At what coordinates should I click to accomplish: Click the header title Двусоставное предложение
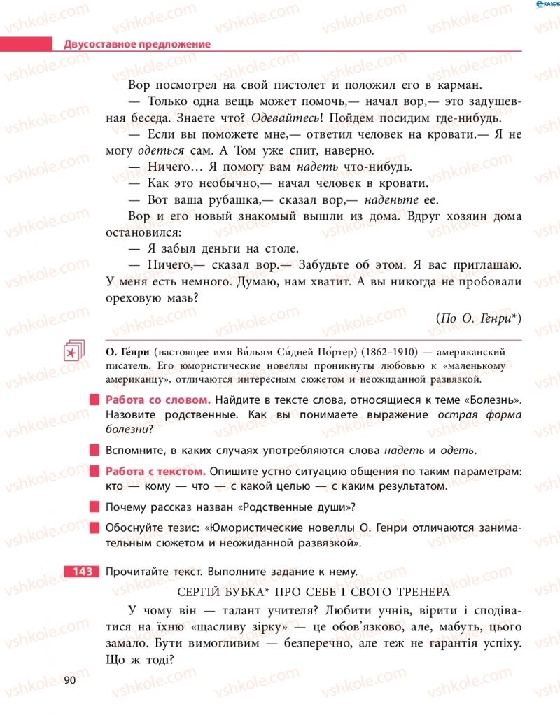tap(137, 44)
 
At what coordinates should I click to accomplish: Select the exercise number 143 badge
tap(82, 571)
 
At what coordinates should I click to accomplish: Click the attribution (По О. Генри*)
tap(478, 318)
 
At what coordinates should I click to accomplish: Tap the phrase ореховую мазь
tap(160, 297)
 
